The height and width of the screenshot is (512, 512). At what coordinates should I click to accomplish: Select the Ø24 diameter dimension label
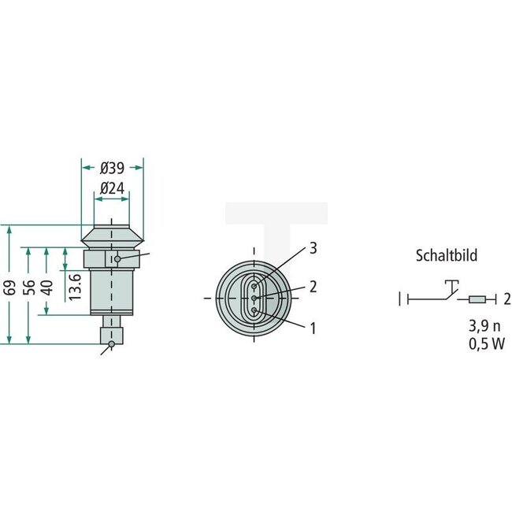[113, 188]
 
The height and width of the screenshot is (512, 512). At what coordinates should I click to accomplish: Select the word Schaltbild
[447, 255]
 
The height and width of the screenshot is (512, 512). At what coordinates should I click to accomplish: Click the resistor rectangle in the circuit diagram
[477, 299]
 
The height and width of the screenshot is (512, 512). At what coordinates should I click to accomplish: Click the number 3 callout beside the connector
[313, 249]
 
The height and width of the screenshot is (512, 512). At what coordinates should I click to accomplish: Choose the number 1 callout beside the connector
[313, 327]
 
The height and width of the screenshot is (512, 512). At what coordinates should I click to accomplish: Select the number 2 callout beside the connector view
[313, 287]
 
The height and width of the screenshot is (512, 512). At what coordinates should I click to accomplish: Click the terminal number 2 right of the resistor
[507, 299]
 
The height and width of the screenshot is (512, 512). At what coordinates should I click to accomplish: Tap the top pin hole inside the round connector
[254, 284]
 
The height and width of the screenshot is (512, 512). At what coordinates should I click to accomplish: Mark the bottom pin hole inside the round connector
[254, 311]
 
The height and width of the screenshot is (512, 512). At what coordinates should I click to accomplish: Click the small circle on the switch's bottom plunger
[112, 343]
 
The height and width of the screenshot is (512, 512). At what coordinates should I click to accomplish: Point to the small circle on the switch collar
[117, 258]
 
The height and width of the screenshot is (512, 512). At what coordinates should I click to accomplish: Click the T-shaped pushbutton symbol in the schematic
[451, 284]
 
